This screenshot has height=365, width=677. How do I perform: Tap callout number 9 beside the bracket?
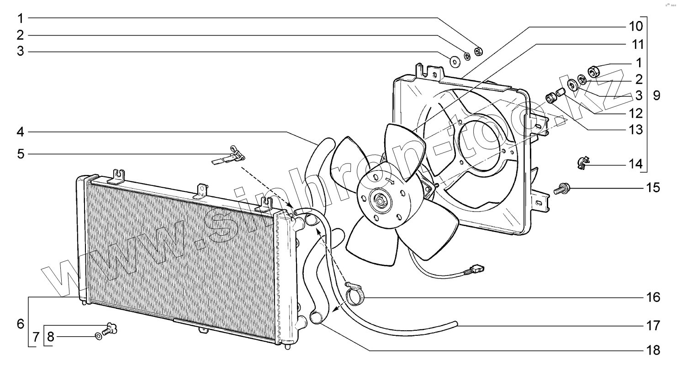(656, 96)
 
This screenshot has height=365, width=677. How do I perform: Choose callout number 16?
(653, 298)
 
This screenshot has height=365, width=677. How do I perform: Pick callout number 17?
(653, 325)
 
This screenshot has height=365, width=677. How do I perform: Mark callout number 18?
(653, 350)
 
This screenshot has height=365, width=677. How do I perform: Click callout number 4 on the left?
(21, 132)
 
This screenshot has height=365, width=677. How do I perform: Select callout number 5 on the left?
(21, 154)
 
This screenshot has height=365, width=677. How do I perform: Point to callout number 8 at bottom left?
(51, 338)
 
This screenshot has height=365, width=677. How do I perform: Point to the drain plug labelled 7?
(110, 328)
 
